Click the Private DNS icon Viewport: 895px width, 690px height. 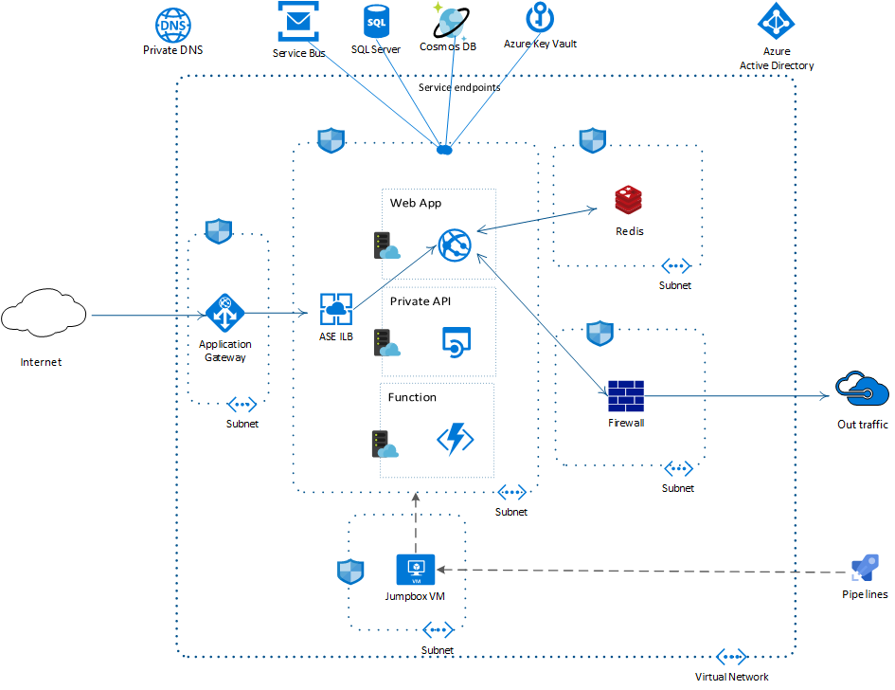click(172, 23)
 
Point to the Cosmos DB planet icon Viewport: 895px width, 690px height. click(451, 21)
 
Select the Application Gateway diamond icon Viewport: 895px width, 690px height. click(225, 313)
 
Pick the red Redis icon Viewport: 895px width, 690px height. click(629, 201)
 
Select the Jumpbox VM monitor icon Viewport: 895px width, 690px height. click(415, 570)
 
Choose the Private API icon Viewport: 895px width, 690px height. click(456, 341)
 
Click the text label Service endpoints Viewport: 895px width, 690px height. click(459, 87)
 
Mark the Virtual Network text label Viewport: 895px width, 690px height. click(732, 677)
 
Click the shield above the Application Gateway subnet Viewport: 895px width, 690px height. click(219, 231)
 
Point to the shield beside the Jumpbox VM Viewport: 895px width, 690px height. click(350, 572)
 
